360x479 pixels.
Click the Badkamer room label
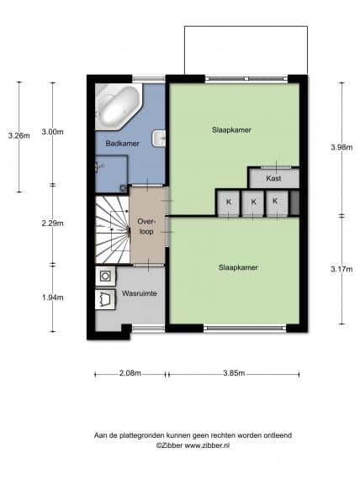[x=122, y=143]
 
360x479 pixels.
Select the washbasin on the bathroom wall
[x=158, y=139]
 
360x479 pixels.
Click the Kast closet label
[x=273, y=178]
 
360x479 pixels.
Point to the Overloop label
[x=146, y=226]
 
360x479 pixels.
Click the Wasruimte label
[x=140, y=293]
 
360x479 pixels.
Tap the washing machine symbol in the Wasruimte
[x=105, y=276]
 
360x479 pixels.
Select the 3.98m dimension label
[x=341, y=147]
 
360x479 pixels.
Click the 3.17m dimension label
[x=341, y=269]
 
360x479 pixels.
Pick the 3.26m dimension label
[x=19, y=135]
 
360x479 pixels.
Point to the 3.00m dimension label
[x=53, y=132]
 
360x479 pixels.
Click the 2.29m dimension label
[x=53, y=224]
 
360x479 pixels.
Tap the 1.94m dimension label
[x=53, y=297]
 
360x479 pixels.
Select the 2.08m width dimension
[x=130, y=373]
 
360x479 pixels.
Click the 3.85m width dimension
[x=234, y=373]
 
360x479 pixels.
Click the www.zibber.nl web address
[x=207, y=445]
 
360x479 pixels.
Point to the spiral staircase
[x=112, y=229]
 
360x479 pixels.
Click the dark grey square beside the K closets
[x=294, y=203]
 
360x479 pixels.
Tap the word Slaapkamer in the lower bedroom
[x=238, y=267]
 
